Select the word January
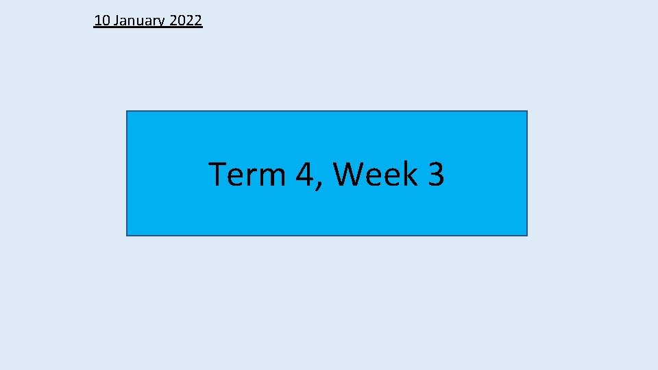[x=139, y=21]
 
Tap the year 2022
[x=185, y=21]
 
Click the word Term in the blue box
[x=246, y=174]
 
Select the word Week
[x=374, y=174]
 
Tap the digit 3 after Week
[x=435, y=174]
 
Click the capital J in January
[x=117, y=21]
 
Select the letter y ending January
[x=161, y=23]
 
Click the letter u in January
[x=137, y=22]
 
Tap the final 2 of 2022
[x=198, y=21]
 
